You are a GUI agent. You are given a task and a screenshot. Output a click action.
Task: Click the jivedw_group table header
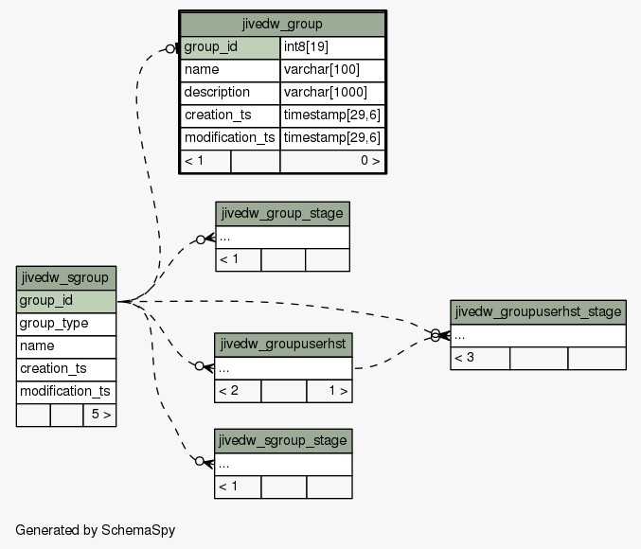282,24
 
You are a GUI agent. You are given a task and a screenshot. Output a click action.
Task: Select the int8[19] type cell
332,47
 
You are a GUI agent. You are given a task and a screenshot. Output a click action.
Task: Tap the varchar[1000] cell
332,93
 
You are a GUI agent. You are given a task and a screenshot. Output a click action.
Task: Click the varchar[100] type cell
332,70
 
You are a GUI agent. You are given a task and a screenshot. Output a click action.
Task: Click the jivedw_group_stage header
282,213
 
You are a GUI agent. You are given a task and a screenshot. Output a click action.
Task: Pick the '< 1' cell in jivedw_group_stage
239,259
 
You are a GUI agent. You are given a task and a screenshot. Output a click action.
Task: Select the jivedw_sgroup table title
66,278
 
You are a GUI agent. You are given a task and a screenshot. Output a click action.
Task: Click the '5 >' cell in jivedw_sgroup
99,415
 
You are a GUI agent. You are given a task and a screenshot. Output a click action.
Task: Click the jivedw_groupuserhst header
283,345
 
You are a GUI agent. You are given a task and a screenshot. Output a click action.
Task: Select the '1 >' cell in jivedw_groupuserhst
329,391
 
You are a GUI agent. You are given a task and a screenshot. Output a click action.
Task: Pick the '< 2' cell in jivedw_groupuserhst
238,391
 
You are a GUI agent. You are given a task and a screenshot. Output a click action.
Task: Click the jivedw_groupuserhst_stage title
538,312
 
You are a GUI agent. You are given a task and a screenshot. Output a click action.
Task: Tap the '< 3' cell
480,359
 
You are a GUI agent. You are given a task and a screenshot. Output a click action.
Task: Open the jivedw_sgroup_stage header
283,441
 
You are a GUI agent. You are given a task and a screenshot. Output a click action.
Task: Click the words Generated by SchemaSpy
96,530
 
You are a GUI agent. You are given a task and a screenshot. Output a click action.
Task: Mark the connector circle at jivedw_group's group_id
170,49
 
